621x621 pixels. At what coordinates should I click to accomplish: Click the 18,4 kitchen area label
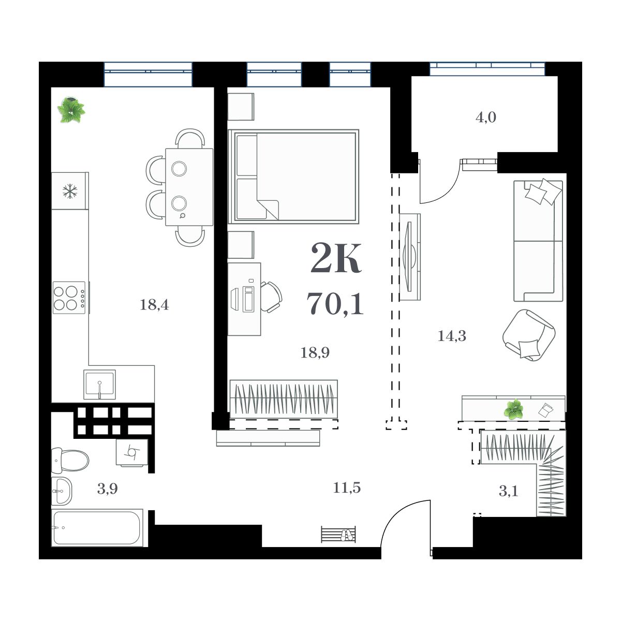(x=154, y=305)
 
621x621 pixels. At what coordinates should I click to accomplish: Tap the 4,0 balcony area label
(x=485, y=117)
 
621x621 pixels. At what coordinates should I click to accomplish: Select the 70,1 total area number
(x=335, y=304)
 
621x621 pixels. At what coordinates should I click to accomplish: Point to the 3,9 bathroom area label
(x=107, y=489)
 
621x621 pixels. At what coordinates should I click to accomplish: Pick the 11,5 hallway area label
(x=347, y=487)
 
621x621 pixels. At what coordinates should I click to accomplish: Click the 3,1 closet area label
(x=508, y=491)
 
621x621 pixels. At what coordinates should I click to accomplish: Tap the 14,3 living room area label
(x=452, y=336)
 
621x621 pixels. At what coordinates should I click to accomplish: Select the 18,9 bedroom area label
(x=315, y=353)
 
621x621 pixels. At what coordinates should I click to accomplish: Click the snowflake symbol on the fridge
(x=69, y=191)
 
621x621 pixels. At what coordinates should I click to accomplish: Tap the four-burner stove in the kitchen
(x=69, y=298)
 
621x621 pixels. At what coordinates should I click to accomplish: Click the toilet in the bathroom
(x=71, y=460)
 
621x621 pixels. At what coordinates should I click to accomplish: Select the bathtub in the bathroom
(x=97, y=528)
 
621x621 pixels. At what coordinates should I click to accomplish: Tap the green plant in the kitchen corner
(x=70, y=110)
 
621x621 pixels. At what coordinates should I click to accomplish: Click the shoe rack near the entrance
(x=338, y=534)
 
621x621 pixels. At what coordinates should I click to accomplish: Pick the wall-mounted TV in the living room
(x=409, y=256)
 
